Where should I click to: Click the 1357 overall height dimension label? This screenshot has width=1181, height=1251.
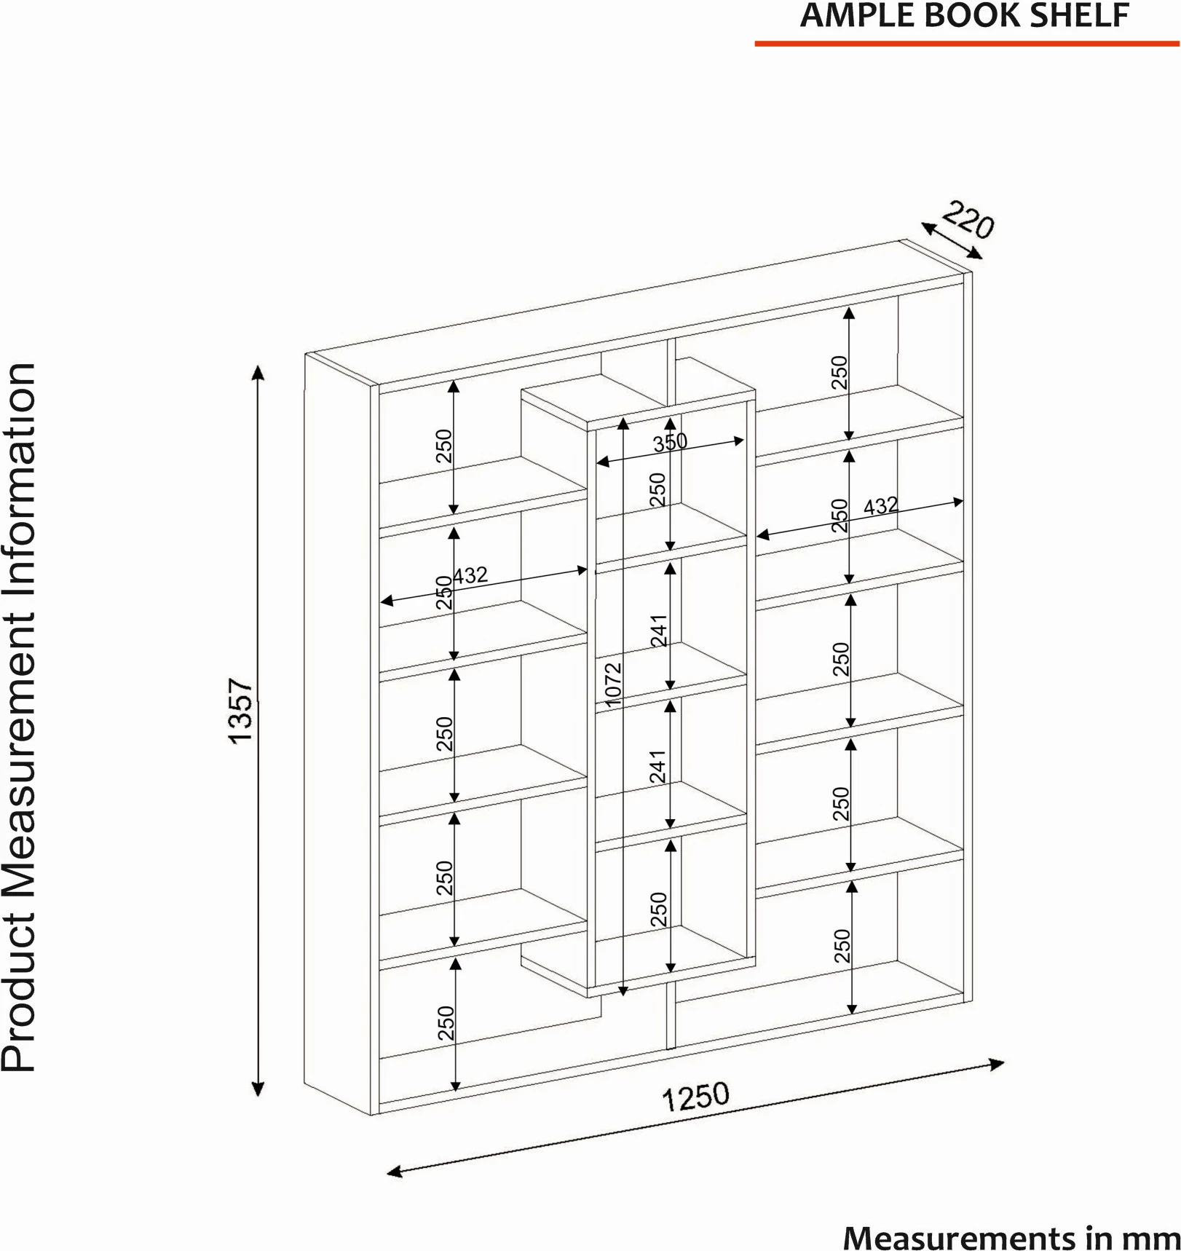(x=240, y=711)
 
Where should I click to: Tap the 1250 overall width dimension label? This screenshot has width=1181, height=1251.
(x=695, y=1097)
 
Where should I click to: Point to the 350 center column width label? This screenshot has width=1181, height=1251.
(x=670, y=441)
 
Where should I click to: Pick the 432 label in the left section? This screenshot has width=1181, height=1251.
(x=470, y=575)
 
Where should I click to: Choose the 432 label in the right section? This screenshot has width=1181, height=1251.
(x=881, y=505)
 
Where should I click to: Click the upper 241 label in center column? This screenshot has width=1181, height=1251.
(x=658, y=631)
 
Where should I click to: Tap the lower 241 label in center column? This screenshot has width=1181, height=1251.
(x=658, y=766)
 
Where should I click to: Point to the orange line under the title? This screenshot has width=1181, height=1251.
(x=967, y=44)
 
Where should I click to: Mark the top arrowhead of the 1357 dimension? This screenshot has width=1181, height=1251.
(x=257, y=373)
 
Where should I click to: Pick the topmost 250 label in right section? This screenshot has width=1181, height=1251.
(x=841, y=372)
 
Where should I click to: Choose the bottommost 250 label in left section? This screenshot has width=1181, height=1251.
(x=446, y=1022)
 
